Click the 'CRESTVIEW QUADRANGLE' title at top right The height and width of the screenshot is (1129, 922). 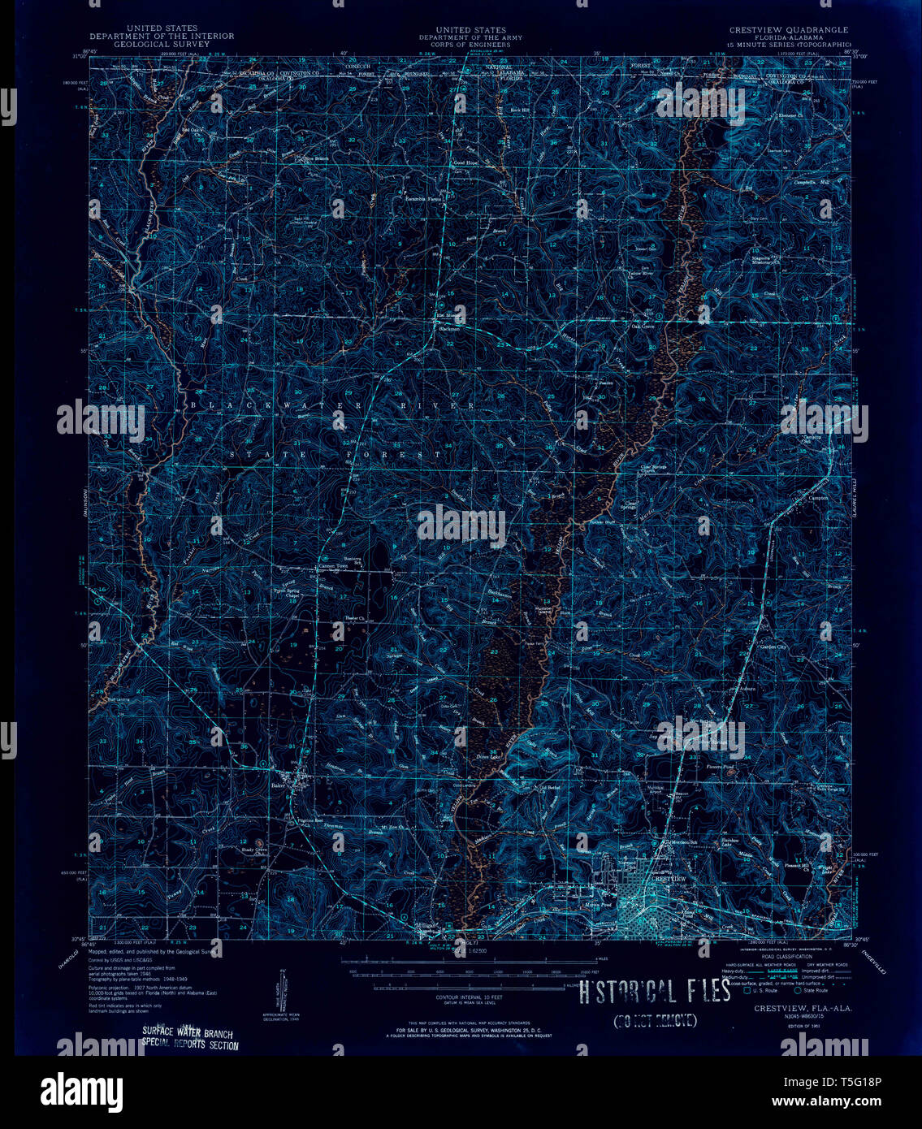pyautogui.click(x=788, y=30)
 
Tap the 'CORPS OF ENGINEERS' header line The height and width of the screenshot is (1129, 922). pyautogui.click(x=470, y=44)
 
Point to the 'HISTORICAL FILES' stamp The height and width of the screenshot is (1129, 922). pyautogui.click(x=655, y=992)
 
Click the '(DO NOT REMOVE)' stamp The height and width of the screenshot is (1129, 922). pyautogui.click(x=655, y=1021)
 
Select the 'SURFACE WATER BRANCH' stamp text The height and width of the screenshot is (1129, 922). pyautogui.click(x=188, y=1033)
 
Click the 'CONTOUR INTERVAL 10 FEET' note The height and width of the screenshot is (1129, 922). pyautogui.click(x=470, y=997)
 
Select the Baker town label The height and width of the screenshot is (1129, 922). pyautogui.click(x=279, y=785)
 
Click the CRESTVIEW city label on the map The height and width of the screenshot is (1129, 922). pyautogui.click(x=669, y=879)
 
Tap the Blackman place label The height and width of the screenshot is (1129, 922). pyautogui.click(x=449, y=329)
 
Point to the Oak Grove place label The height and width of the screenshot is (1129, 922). pyautogui.click(x=643, y=327)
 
